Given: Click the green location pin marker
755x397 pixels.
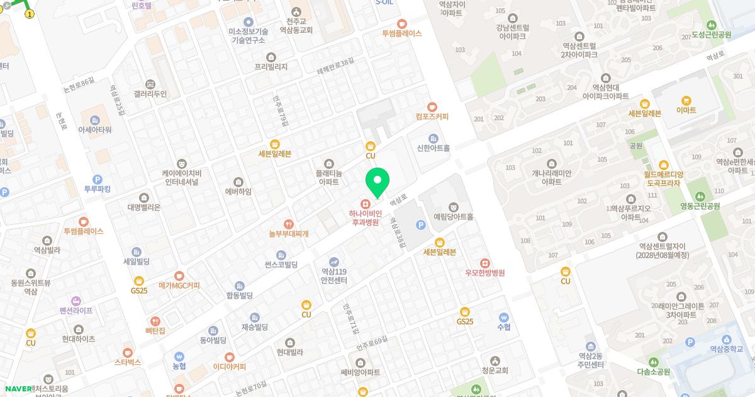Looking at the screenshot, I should pos(377,181).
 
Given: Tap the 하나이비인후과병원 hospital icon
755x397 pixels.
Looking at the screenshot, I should pos(364,204).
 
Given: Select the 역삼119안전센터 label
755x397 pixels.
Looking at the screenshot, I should pos(333,275).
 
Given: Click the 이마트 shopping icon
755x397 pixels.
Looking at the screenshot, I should pos(686,101).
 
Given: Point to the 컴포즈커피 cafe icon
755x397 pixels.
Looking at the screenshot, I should pos(432,107).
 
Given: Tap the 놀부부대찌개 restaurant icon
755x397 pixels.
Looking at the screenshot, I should pos(288,224).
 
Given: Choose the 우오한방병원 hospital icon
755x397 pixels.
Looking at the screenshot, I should pos(484,263).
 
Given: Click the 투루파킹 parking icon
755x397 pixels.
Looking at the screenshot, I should pos(97,180).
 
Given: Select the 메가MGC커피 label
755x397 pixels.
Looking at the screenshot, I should pos(179,285).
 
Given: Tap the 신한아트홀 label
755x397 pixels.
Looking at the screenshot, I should pos(433,149).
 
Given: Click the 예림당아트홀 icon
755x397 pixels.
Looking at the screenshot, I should pos(453,207).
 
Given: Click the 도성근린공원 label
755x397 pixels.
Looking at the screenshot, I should pos(711,35).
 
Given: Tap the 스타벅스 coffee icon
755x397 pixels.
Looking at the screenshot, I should pos(128,352).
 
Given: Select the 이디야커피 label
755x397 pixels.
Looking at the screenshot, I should pos(229,367).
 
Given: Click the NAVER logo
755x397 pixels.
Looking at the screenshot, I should pos(18,389).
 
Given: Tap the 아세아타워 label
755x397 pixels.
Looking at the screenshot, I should pos(94,130).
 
